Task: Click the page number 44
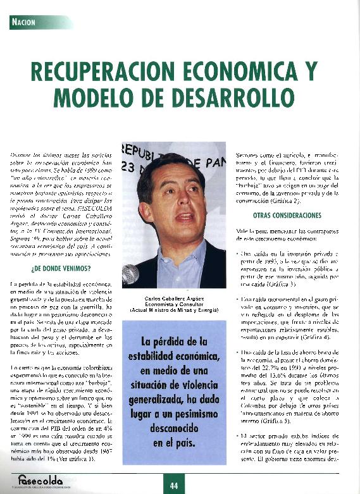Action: [174, 486]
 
